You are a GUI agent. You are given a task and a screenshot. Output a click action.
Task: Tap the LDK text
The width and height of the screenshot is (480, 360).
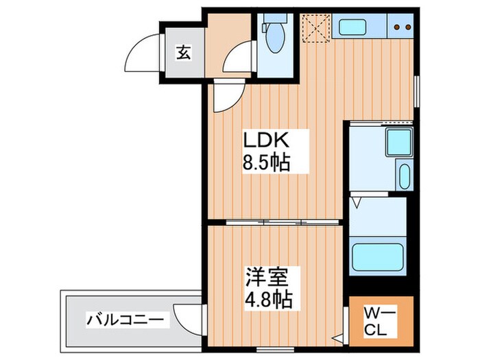tap(267, 140)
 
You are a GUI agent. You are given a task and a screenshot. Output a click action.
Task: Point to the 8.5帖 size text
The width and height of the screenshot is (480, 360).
tap(267, 163)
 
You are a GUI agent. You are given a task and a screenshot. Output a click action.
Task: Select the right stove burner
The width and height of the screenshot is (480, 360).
tap(408, 28)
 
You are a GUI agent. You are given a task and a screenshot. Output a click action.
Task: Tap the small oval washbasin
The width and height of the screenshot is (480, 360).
tap(403, 176)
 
